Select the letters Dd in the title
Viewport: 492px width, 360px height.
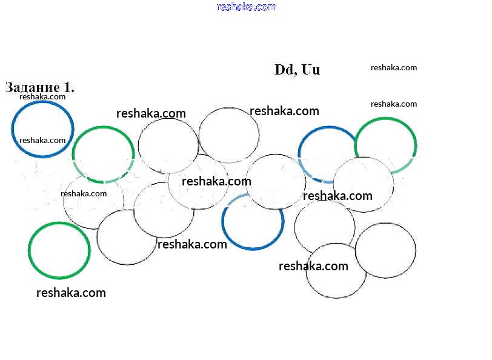pos(284,70)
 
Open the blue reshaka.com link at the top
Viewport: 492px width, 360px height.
pos(246,7)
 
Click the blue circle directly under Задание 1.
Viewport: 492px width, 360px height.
pos(42,129)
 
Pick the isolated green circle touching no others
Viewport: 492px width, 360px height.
pos(59,250)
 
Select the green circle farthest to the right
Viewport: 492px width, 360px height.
pos(385,146)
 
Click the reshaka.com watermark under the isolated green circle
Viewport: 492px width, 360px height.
pos(71,293)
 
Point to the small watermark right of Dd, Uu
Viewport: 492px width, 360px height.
pos(394,68)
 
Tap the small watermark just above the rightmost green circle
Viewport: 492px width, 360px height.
pos(394,104)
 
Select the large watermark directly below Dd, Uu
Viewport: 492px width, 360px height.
pos(284,111)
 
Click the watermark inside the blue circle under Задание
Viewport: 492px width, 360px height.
pos(42,140)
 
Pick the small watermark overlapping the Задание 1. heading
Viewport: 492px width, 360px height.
pos(42,96)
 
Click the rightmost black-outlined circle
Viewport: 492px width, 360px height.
pos(385,250)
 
